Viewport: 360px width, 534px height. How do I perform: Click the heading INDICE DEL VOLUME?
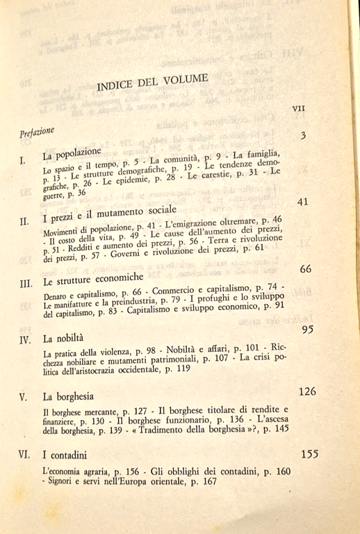tap(152, 83)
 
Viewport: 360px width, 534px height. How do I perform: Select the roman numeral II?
tap(24, 222)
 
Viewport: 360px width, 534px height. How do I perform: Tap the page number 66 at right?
tap(304, 269)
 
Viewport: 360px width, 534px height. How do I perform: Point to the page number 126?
tap(306, 391)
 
